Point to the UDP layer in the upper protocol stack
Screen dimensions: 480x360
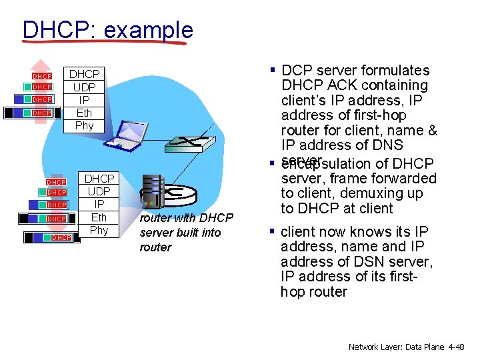click(85, 87)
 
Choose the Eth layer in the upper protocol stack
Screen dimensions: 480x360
click(85, 113)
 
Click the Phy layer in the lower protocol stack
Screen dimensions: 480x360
click(99, 230)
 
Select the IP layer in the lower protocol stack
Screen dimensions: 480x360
click(99, 205)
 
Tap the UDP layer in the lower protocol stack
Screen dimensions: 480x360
click(99, 192)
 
